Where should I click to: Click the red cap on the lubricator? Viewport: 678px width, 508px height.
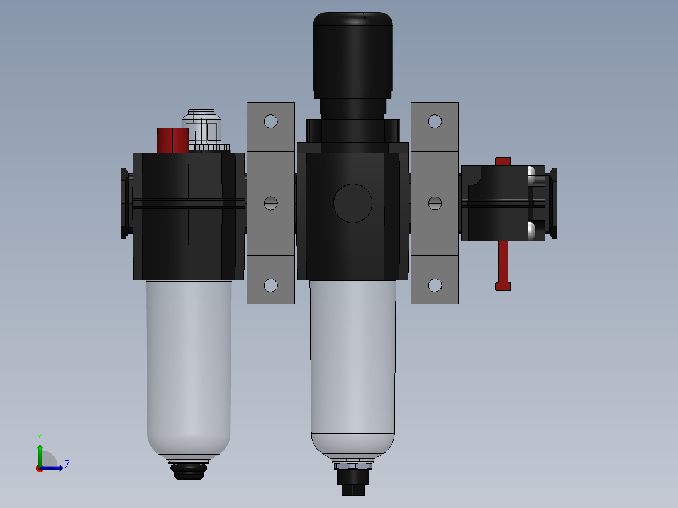click(172, 140)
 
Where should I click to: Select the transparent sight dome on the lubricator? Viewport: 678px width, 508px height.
click(203, 128)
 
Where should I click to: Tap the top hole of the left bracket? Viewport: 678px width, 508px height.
click(270, 121)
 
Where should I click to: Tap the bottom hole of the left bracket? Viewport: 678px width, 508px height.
click(270, 285)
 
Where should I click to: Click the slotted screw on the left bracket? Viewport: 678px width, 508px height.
click(270, 203)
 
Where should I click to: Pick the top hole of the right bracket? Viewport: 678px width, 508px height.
click(435, 121)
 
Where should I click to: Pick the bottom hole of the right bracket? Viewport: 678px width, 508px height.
click(435, 285)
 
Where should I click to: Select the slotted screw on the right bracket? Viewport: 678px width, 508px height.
click(435, 203)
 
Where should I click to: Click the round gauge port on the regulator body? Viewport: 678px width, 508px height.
click(353, 203)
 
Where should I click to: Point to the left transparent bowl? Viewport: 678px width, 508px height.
click(189, 365)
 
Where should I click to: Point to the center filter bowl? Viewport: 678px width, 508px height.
click(353, 365)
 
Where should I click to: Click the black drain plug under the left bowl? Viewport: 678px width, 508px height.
click(189, 472)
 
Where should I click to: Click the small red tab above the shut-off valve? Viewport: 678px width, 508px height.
click(503, 162)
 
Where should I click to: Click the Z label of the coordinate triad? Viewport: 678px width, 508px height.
click(67, 465)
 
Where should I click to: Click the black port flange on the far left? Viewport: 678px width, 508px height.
click(125, 203)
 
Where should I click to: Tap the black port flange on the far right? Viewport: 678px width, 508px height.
click(553, 203)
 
